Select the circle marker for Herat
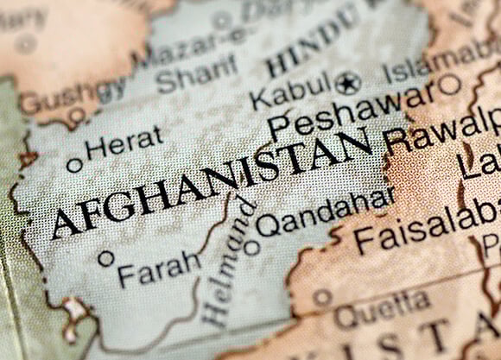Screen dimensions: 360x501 tap(75, 163)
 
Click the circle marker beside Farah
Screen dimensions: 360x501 tap(105, 257)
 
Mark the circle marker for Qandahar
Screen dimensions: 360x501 tap(252, 247)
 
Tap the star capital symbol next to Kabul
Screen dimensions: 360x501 tap(348, 83)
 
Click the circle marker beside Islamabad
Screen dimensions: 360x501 tap(449, 85)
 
